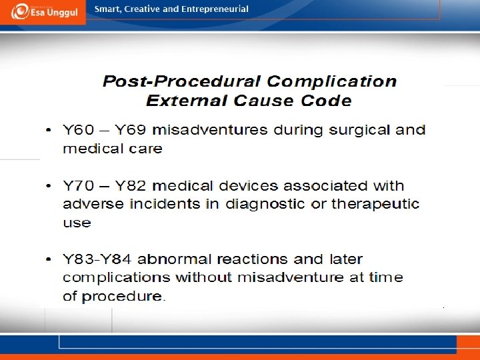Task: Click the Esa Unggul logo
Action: (x=45, y=11)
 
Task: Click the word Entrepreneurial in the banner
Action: (x=215, y=9)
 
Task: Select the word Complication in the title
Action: (x=332, y=82)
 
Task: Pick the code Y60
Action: (x=79, y=130)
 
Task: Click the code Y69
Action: (x=131, y=130)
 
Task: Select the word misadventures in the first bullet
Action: (x=210, y=130)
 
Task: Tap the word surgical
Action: (x=359, y=131)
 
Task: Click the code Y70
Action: (x=79, y=186)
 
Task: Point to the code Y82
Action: (x=131, y=186)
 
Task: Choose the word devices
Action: (x=248, y=185)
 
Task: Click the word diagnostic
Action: (x=265, y=205)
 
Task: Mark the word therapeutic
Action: (x=375, y=205)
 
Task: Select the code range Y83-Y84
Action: (x=97, y=259)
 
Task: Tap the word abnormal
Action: (x=175, y=259)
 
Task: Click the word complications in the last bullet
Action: (x=116, y=278)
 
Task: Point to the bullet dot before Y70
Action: (x=49, y=186)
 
